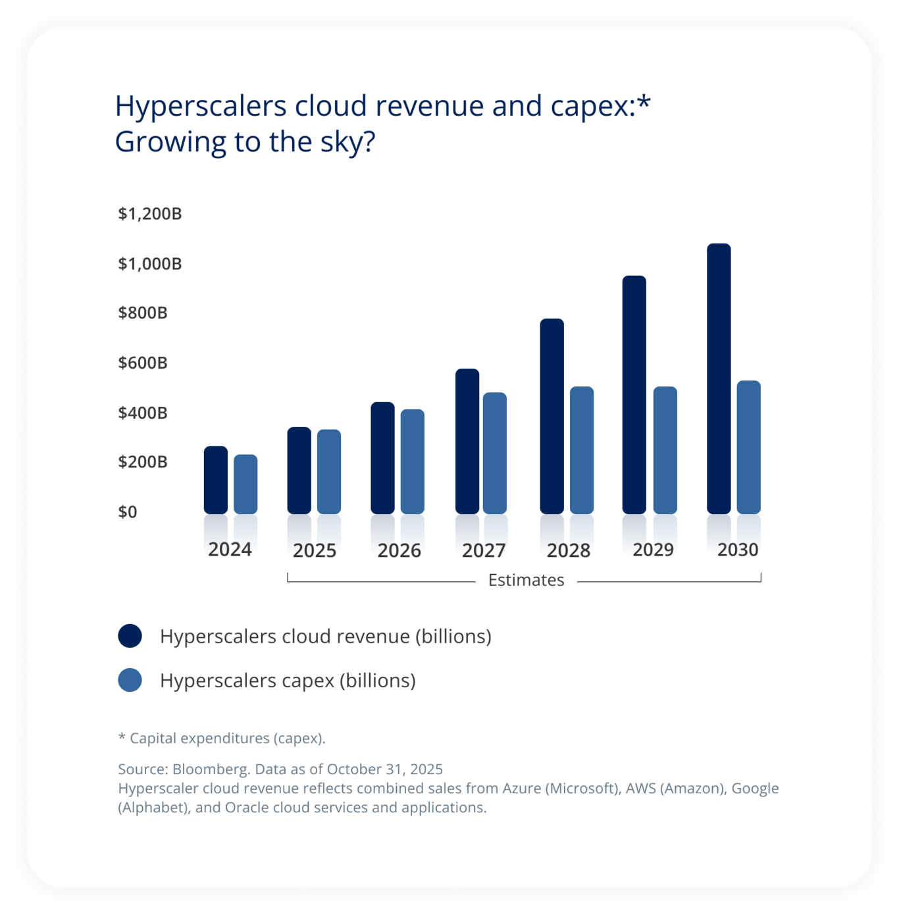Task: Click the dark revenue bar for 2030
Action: pyautogui.click(x=719, y=379)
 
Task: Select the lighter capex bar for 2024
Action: pyautogui.click(x=245, y=484)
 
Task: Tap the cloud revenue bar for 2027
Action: pyautogui.click(x=467, y=441)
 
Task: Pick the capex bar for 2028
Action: pyautogui.click(x=582, y=450)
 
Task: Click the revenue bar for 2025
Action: pyautogui.click(x=299, y=470)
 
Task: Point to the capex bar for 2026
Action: pyautogui.click(x=413, y=461)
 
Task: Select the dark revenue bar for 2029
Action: pyautogui.click(x=634, y=395)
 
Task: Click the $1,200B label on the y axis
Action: pyautogui.click(x=150, y=214)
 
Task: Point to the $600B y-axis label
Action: pyautogui.click(x=143, y=363)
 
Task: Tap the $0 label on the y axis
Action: pyautogui.click(x=128, y=511)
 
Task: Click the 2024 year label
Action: pyautogui.click(x=230, y=550)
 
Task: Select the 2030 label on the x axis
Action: pyautogui.click(x=738, y=550)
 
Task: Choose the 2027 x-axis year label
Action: pyautogui.click(x=484, y=550)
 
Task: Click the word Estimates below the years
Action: pyautogui.click(x=526, y=580)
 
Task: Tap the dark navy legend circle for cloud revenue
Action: pyautogui.click(x=130, y=636)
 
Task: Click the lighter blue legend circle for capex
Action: pyautogui.click(x=130, y=680)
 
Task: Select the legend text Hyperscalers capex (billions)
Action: pyautogui.click(x=288, y=680)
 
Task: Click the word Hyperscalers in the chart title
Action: pyautogui.click(x=201, y=106)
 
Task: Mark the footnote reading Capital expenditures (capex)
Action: pyautogui.click(x=227, y=738)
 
